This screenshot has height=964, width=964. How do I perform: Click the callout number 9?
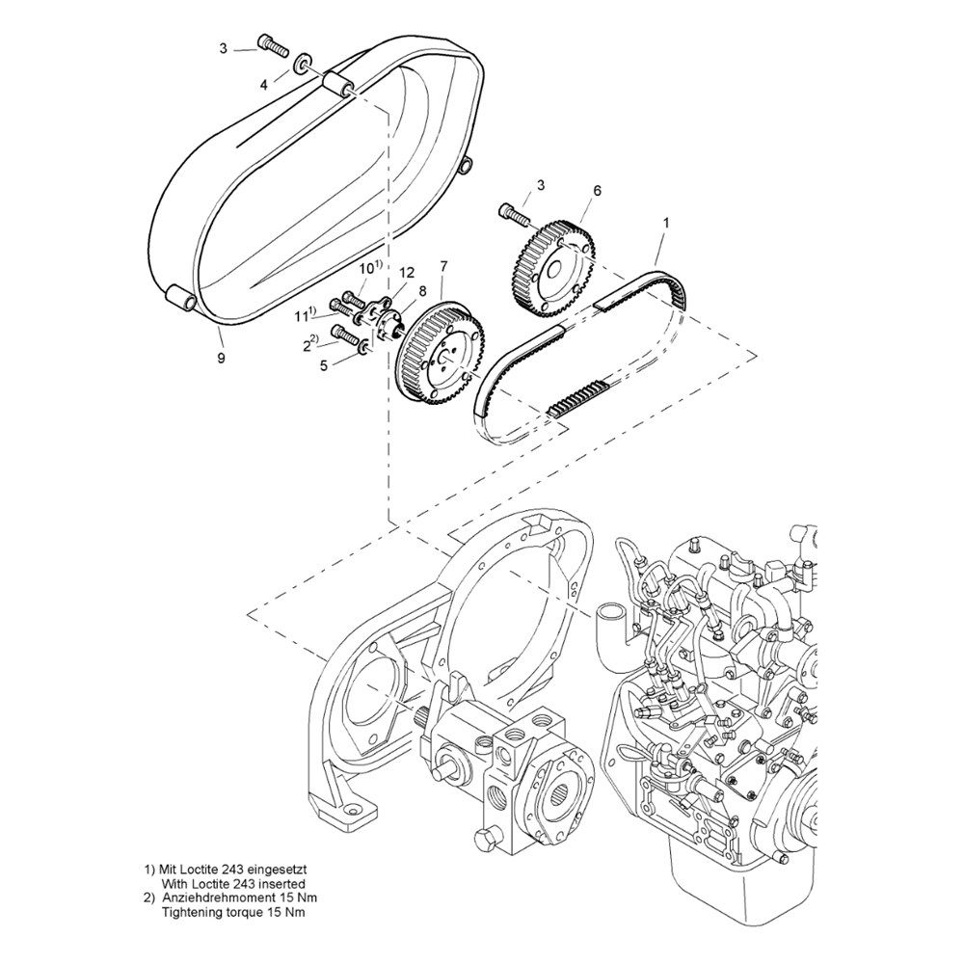coord(221,358)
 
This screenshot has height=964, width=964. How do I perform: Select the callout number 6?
coord(597,191)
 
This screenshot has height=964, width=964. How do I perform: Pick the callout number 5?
coord(325,364)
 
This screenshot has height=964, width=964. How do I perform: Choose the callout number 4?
coord(264,85)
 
